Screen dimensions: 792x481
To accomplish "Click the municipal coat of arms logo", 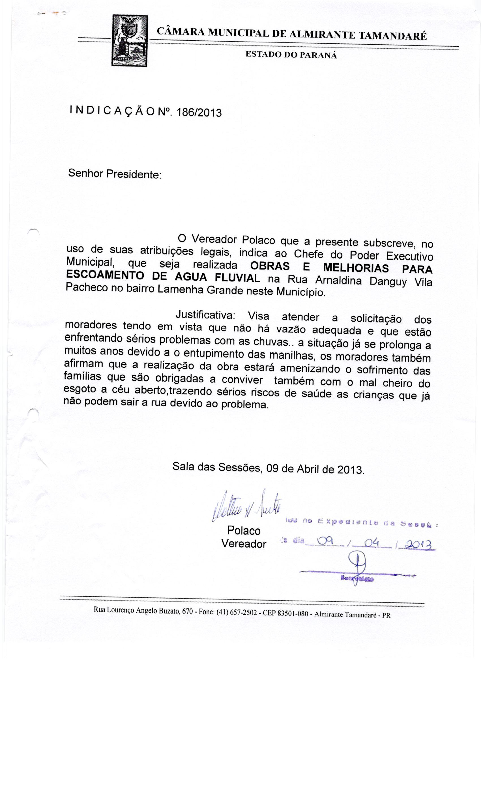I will pos(129,41).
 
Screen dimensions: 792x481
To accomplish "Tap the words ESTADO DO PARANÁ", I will pos(291,55).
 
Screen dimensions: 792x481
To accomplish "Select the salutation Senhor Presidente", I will pos(115,174).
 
